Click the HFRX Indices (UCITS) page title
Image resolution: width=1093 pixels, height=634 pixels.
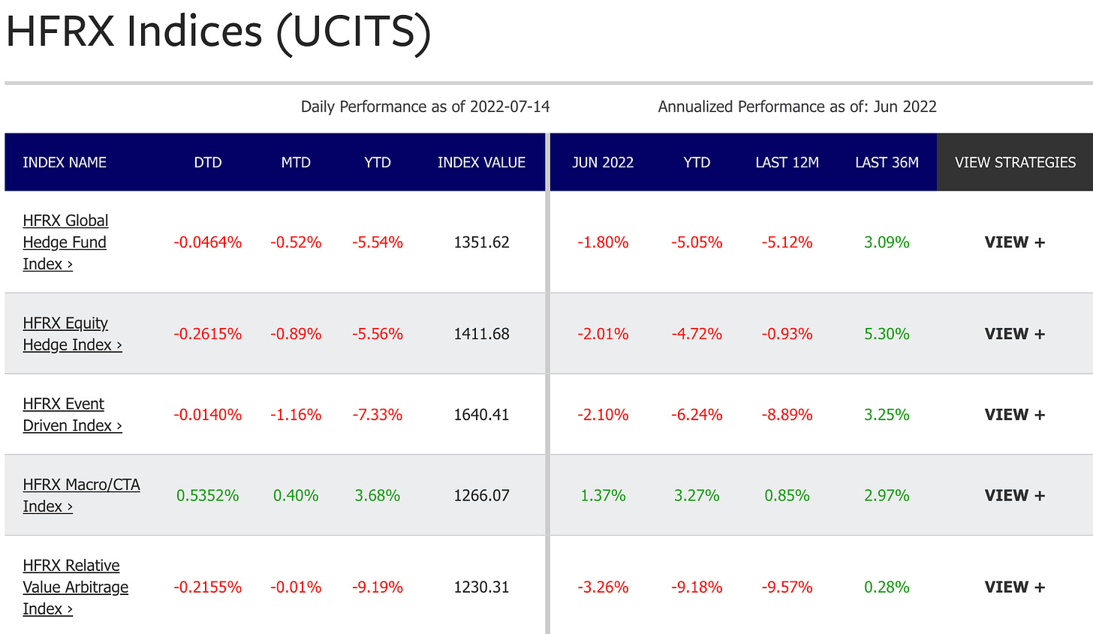point(218,32)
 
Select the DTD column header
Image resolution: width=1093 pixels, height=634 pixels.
point(208,163)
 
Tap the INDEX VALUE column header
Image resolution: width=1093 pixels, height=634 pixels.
point(481,163)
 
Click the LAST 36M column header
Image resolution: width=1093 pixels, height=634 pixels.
point(887,163)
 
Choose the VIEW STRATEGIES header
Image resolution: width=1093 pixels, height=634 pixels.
point(1015,163)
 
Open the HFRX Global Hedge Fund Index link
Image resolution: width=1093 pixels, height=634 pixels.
point(65,242)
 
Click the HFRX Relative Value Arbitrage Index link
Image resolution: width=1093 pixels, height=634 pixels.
point(75,587)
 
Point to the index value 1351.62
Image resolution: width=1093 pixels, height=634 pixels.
point(481,242)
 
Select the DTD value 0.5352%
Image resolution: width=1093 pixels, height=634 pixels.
point(208,496)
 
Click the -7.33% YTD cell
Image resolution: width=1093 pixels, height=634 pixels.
point(377,415)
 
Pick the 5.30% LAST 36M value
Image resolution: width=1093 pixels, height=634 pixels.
point(887,334)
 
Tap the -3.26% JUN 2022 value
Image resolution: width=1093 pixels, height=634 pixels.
point(603,587)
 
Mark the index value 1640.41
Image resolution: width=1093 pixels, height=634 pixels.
point(481,415)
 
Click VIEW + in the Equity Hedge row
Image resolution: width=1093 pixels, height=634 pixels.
point(1014,334)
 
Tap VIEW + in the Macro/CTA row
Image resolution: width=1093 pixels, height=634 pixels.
point(1014,496)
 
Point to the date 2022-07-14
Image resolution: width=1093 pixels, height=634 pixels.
point(510,107)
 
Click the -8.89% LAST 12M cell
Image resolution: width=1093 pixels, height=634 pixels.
point(787,415)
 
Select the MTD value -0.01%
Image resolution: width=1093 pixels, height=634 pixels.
point(296,587)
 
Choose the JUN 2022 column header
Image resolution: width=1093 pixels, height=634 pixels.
point(603,163)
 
